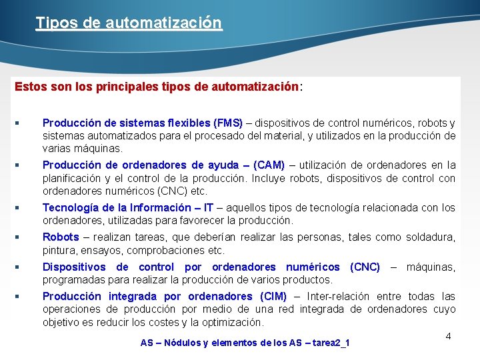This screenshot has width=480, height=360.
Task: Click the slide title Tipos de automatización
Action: click(x=129, y=23)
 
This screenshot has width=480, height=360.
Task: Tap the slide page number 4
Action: click(x=448, y=336)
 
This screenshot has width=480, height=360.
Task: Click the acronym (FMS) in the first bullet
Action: click(x=228, y=123)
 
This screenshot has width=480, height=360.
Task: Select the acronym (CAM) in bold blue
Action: click(x=269, y=165)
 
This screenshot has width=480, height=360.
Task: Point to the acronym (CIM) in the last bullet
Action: click(x=273, y=296)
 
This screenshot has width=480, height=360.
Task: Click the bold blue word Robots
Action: click(x=61, y=237)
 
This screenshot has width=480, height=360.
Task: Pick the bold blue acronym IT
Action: click(x=208, y=207)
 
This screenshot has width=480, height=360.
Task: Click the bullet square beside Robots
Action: click(x=17, y=237)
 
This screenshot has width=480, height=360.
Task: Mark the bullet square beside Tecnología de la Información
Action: click(x=17, y=207)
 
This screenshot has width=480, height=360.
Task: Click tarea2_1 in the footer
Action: click(x=331, y=343)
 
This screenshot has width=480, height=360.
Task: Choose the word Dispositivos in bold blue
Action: click(x=74, y=267)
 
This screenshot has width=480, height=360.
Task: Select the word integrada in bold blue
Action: click(x=132, y=296)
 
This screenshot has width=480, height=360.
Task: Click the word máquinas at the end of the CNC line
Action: click(x=431, y=267)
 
